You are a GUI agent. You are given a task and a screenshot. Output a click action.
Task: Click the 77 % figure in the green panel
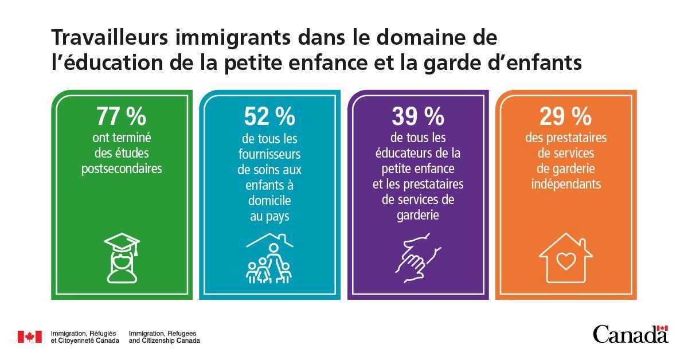[x=121, y=117]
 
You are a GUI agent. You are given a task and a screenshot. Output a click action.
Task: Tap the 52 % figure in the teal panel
[x=269, y=117]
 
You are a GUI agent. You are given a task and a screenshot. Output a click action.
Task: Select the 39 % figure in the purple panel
[x=418, y=117]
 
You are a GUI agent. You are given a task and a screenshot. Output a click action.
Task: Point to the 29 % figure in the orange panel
[x=565, y=117]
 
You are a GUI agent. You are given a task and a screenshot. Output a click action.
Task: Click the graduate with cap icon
[x=122, y=257]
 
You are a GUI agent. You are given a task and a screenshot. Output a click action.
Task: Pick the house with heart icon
[x=566, y=258]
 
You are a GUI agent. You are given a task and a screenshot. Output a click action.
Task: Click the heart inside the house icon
[x=566, y=261]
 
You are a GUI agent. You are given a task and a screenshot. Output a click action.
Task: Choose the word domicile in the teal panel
[x=269, y=201]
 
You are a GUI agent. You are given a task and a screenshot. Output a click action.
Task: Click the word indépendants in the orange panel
[x=566, y=185]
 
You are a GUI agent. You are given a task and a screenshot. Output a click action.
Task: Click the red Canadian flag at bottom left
[x=29, y=337]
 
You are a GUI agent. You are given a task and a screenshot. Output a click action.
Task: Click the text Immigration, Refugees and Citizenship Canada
[x=165, y=337]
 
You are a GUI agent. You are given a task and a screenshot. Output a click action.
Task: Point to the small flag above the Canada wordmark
[x=663, y=327]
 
